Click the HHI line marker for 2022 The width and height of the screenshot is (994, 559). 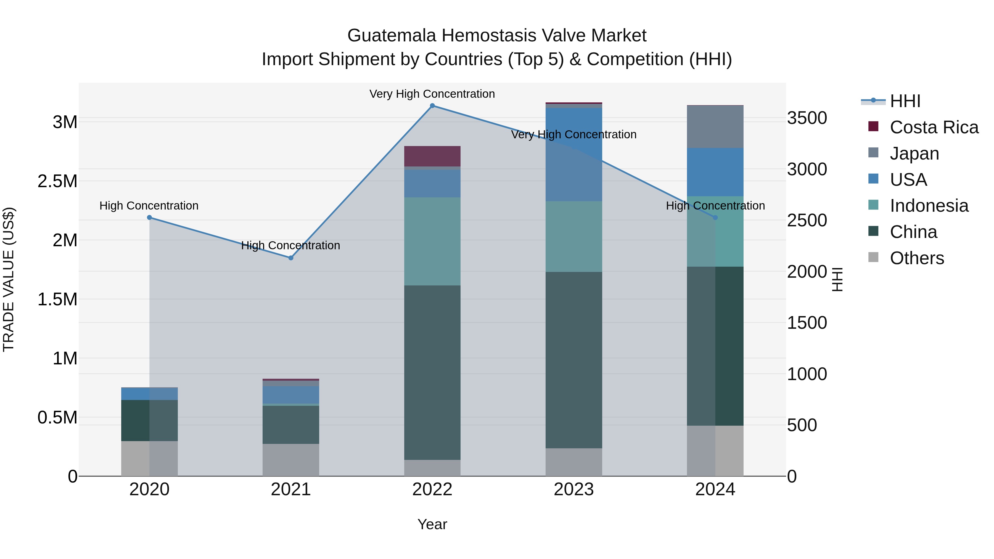coord(432,106)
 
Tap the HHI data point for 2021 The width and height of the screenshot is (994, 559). coord(291,258)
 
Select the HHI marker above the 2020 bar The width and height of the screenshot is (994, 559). coord(150,218)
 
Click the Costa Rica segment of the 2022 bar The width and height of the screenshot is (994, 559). coord(432,156)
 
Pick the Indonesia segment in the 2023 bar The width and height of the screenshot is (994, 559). coord(574,237)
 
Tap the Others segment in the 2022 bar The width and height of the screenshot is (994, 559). coord(432,468)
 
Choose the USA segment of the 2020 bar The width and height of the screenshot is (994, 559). coord(150,393)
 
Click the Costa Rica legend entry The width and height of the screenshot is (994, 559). coord(934,127)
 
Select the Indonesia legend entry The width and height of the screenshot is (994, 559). coord(929,206)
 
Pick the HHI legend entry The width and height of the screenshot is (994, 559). coord(905,101)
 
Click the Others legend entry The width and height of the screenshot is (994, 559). coord(916,258)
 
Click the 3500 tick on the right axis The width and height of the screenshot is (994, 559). coord(807,118)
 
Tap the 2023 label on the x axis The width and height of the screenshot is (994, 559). coord(574,489)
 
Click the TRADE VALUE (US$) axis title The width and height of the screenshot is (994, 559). coord(9,279)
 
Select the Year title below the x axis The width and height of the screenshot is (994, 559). coord(432,524)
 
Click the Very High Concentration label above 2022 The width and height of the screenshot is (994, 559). coord(432,94)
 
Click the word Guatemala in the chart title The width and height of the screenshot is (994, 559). coord(392,36)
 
